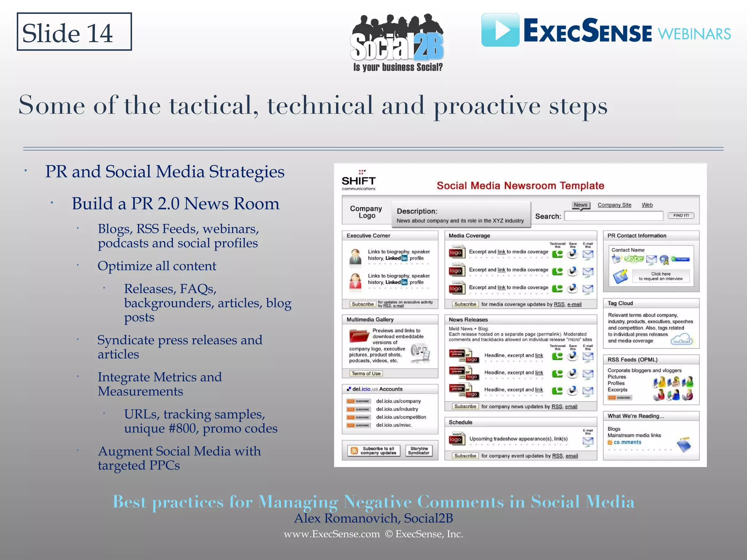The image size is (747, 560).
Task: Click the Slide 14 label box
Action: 74,32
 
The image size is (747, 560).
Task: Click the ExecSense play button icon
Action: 500,30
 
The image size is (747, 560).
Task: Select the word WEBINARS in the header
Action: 694,34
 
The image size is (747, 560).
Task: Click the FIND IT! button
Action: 681,215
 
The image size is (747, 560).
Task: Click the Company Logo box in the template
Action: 366,212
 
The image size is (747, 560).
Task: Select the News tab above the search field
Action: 580,205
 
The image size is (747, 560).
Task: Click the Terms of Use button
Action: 366,373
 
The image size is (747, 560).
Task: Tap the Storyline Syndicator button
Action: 419,451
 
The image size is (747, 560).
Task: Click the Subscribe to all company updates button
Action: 373,451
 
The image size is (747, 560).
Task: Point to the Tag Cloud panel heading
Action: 620,303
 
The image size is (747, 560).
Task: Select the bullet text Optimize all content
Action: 157,266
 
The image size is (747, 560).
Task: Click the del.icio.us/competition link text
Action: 401,417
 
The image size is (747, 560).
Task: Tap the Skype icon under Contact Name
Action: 634,259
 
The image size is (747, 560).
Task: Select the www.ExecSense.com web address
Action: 332,534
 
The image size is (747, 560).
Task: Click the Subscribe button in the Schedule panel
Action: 465,456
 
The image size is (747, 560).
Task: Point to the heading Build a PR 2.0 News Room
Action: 175,203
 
